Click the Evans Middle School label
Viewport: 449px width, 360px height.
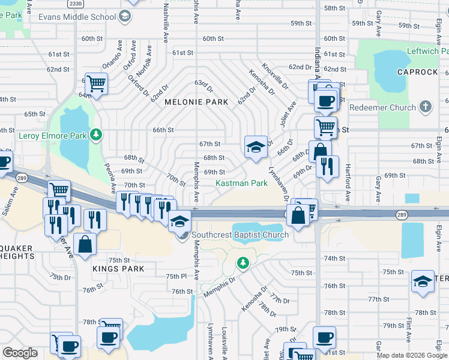click(77, 17)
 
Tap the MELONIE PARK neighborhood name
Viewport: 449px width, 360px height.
click(196, 102)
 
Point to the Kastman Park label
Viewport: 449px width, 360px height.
click(241, 183)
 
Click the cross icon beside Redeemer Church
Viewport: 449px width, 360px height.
click(426, 107)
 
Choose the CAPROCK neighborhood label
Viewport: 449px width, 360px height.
click(417, 72)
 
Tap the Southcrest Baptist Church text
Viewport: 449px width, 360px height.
click(240, 235)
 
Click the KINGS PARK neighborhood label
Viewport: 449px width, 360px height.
click(118, 269)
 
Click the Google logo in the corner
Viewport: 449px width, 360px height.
click(20, 353)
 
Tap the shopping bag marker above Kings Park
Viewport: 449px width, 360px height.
click(85, 243)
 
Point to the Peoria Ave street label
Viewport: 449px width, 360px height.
click(109, 174)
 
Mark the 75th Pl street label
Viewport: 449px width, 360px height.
click(176, 276)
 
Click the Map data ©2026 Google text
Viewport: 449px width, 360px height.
click(411, 355)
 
